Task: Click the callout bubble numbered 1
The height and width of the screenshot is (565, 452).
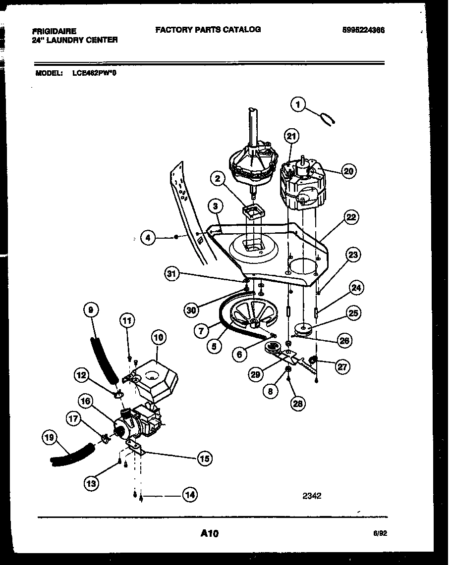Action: click(298, 104)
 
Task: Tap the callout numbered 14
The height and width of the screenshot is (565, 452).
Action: click(189, 494)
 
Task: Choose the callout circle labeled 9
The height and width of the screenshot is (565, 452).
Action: click(90, 310)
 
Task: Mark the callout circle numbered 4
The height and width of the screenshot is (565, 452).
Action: click(147, 238)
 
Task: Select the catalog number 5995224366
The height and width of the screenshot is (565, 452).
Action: click(363, 30)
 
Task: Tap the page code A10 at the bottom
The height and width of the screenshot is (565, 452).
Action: click(210, 533)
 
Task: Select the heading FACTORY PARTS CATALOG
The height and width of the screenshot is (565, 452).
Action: click(208, 30)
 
